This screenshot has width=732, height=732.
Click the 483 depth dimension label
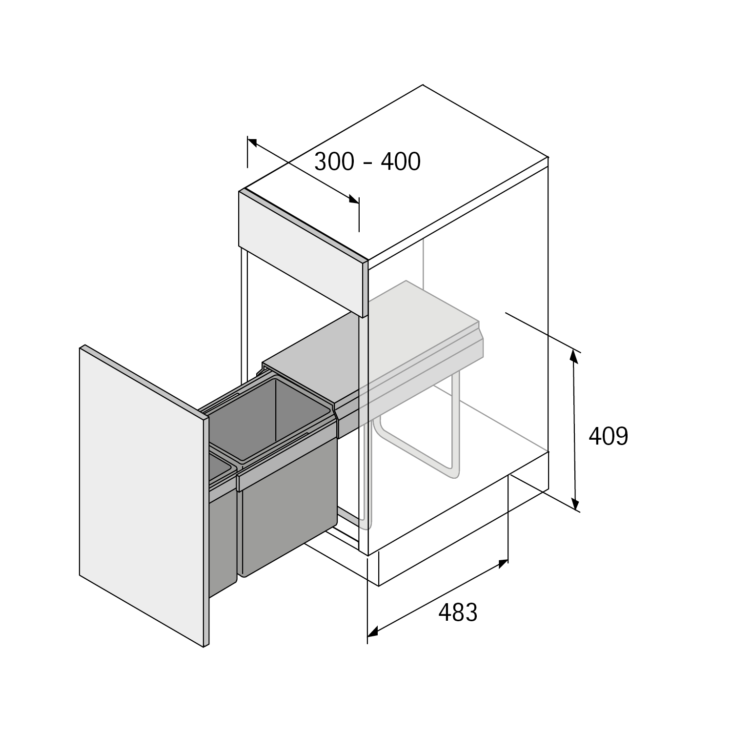pos(458,612)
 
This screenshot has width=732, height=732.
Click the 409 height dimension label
pos(608,436)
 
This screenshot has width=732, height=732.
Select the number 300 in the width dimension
pos(334,162)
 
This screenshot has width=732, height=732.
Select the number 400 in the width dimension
pos(401,162)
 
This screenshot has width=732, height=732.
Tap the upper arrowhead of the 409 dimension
pos(574,357)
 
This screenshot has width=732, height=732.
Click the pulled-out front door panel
pos(142,493)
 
